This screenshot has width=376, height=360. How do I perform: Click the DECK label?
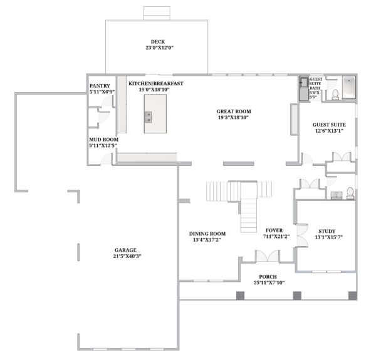(158, 42)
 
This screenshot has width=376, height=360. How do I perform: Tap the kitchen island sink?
(148, 117)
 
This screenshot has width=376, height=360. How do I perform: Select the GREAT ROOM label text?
(234, 111)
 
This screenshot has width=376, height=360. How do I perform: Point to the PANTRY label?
(100, 86)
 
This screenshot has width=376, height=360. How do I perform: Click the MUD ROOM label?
(104, 140)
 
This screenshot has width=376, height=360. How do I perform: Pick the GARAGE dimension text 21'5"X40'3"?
(127, 256)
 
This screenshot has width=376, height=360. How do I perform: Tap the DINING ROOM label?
(207, 234)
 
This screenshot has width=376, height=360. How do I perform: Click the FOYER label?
(274, 230)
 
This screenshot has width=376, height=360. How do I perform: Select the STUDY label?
(327, 231)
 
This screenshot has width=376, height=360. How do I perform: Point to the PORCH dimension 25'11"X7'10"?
(269, 282)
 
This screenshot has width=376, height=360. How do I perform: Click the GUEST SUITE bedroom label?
(329, 125)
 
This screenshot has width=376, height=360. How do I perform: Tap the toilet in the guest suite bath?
(335, 95)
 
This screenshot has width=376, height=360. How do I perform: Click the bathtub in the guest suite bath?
(348, 88)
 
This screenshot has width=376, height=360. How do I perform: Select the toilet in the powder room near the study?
(350, 193)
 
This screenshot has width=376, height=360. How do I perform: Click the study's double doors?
(302, 235)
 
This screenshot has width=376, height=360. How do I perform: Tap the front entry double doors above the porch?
(268, 256)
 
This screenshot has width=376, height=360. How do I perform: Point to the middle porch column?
(297, 296)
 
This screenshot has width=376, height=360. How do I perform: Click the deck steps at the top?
(157, 13)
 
